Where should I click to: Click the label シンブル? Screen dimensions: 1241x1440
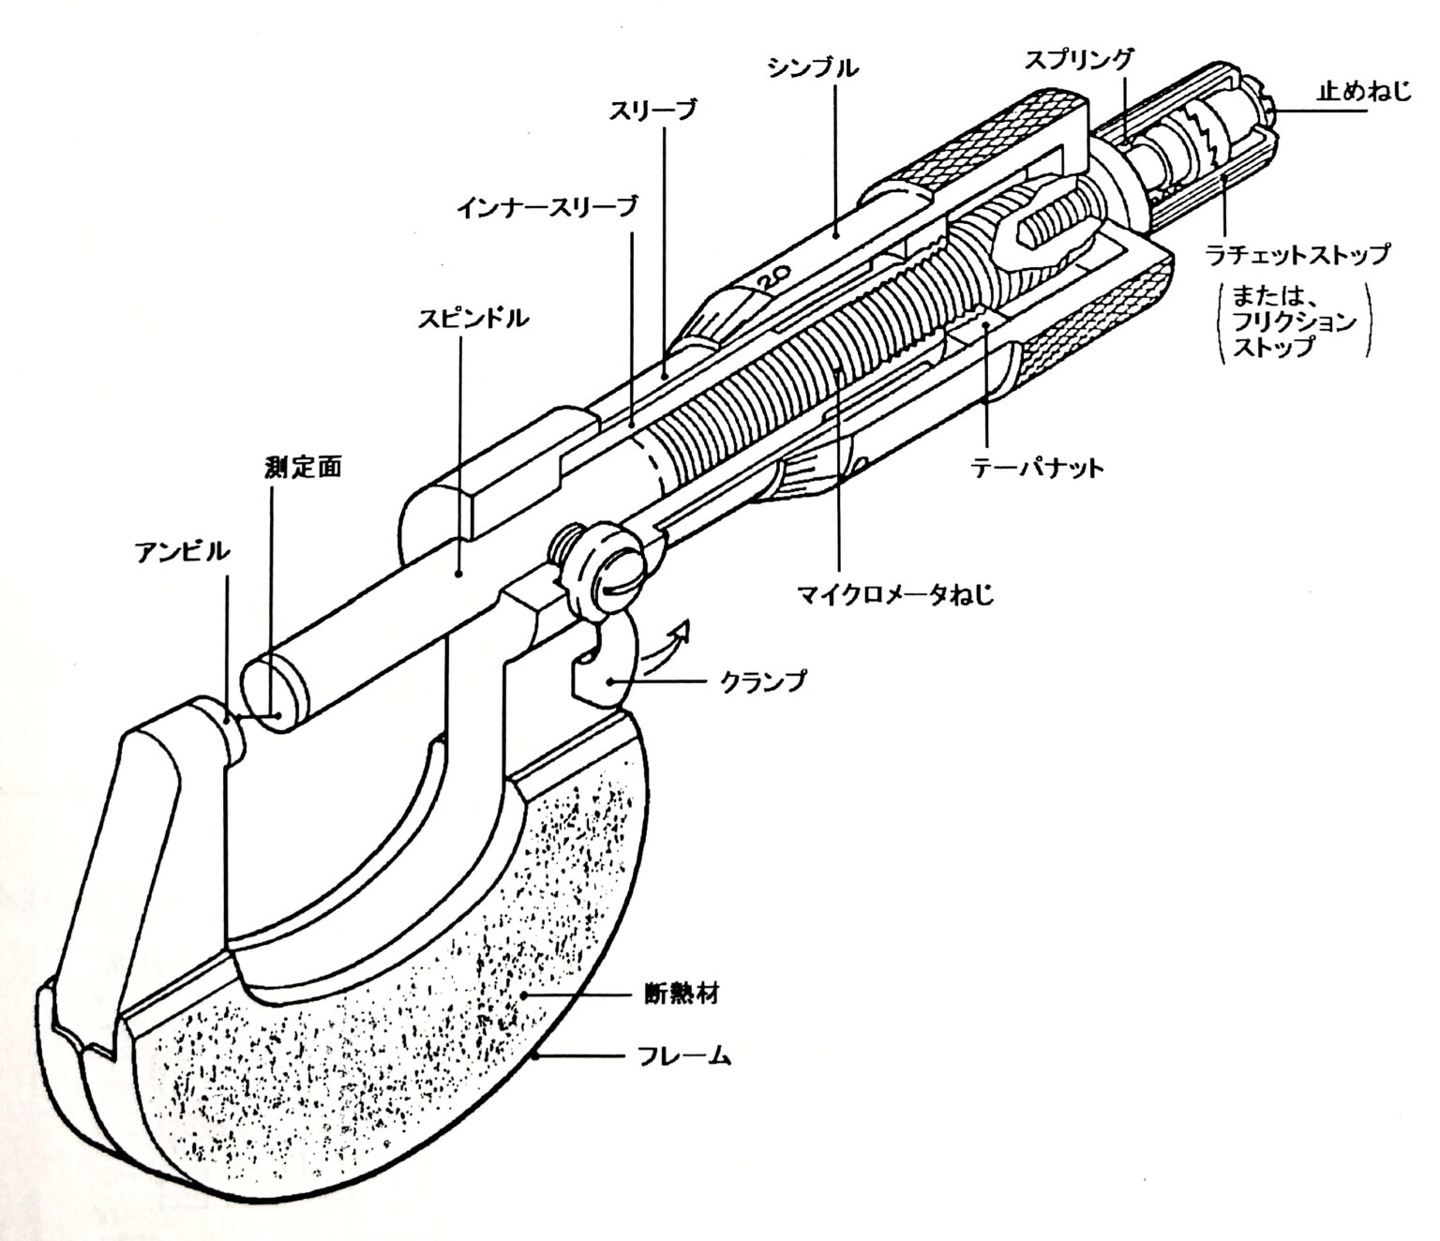(x=812, y=67)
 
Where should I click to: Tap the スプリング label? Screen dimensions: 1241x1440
(x=1078, y=59)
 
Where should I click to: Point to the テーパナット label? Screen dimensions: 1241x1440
(x=1036, y=467)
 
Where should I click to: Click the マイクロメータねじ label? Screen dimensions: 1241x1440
(x=893, y=593)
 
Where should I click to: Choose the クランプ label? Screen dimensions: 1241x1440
(x=762, y=681)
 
